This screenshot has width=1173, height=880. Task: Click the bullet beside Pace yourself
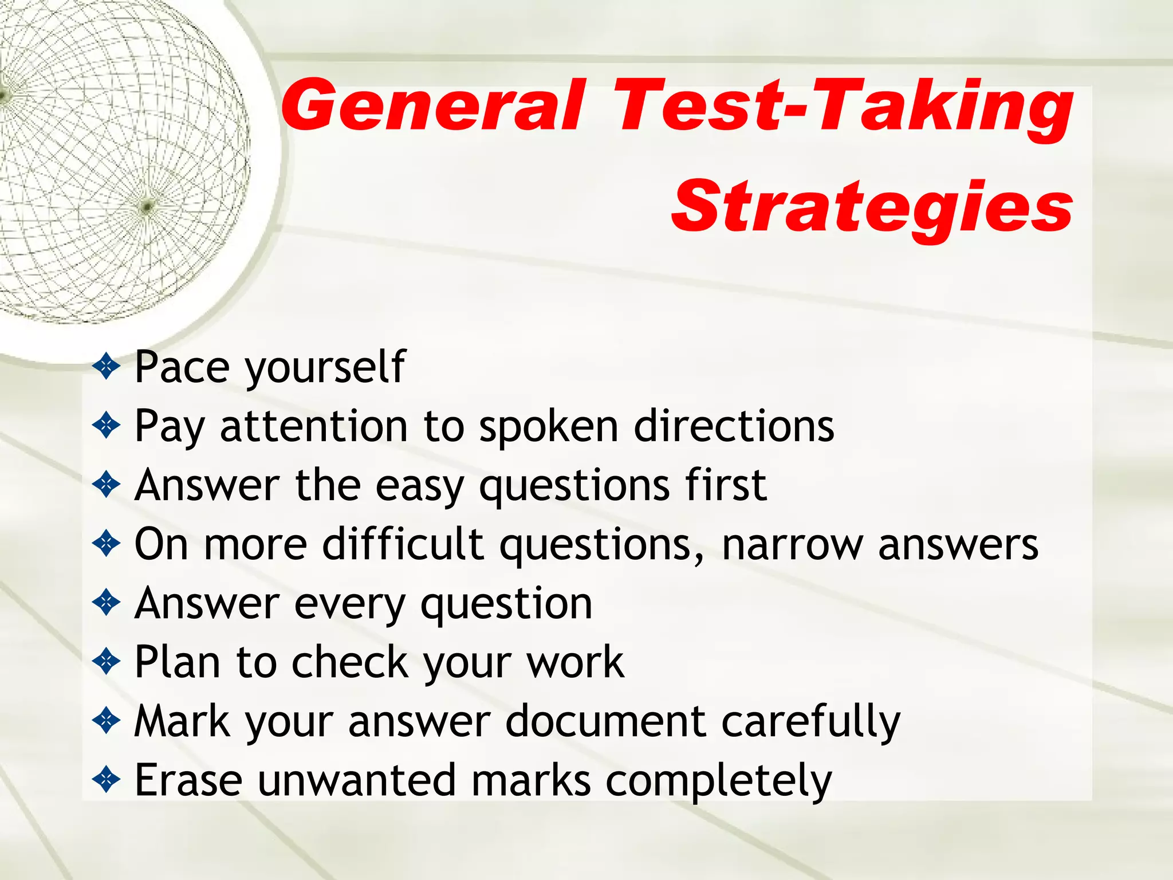[x=107, y=367]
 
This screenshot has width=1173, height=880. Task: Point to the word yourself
[x=325, y=368]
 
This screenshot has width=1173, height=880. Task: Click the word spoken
[x=549, y=427]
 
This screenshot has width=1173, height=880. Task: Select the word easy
[x=419, y=487]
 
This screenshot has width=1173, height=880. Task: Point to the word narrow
[x=792, y=545]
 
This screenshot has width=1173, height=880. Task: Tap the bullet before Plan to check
[x=107, y=662]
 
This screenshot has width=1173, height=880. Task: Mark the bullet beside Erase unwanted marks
[x=107, y=780]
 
